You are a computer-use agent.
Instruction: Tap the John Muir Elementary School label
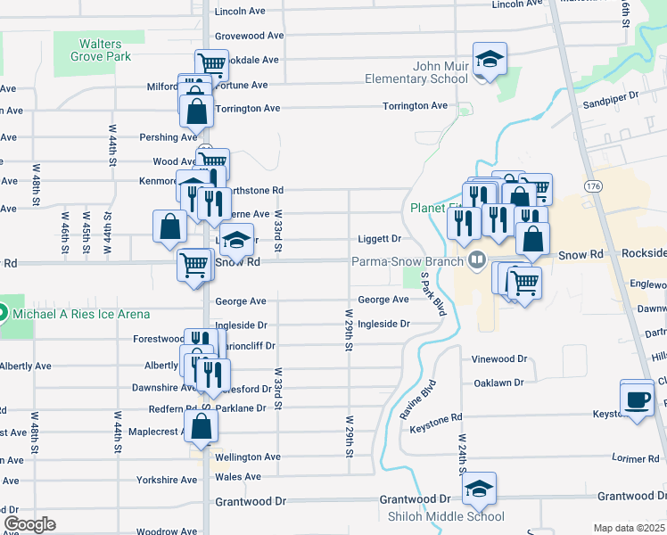441,72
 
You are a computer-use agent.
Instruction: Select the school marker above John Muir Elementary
490,61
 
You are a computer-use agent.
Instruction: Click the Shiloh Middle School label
446,517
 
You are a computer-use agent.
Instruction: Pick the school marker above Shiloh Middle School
479,490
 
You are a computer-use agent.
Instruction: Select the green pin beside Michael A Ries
2,314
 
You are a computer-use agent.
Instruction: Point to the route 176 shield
593,185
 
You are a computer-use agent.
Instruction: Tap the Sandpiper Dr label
611,93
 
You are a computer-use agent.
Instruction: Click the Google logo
29,524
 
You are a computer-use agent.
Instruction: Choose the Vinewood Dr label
499,358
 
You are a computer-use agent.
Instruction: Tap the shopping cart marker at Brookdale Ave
212,64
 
